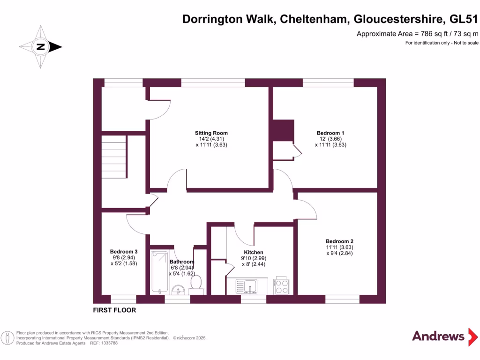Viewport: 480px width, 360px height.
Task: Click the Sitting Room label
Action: (211, 133)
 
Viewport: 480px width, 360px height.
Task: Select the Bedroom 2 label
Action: (339, 240)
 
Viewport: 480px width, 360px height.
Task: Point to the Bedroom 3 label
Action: (124, 251)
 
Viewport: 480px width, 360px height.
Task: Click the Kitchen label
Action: (253, 252)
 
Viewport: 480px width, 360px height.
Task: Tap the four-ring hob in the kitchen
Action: (281, 286)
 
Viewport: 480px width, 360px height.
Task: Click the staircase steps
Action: (114, 157)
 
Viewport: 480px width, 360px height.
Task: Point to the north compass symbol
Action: (40, 47)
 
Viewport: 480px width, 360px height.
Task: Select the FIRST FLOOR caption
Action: (114, 310)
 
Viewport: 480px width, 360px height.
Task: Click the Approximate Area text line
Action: (417, 34)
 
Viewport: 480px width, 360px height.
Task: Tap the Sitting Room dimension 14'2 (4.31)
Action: (211, 139)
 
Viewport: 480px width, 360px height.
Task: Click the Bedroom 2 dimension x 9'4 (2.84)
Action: (339, 254)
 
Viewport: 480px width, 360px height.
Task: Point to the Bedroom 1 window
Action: (328, 82)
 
